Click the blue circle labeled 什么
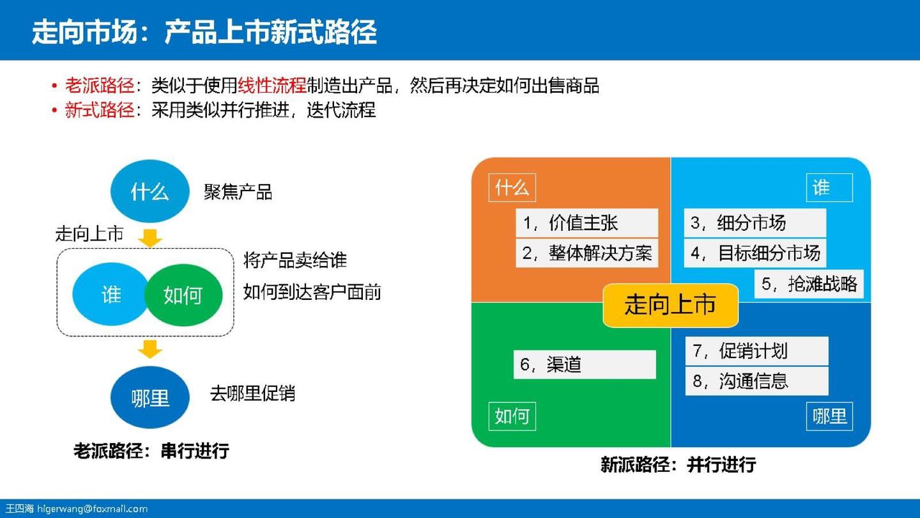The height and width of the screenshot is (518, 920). click(149, 191)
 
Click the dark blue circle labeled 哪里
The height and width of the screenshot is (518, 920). click(150, 397)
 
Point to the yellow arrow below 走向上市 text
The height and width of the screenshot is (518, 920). click(151, 237)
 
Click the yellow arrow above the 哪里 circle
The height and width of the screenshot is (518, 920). click(151, 349)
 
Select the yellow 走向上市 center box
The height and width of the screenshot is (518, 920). click(670, 305)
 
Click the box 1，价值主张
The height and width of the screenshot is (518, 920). click(586, 223)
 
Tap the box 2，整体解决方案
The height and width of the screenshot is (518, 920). click(586, 253)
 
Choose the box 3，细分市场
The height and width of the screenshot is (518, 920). click(755, 223)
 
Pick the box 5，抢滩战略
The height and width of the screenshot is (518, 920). click(809, 283)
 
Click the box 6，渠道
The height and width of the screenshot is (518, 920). click(585, 365)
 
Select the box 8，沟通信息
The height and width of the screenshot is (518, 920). click(756, 381)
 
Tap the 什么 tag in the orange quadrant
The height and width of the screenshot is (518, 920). click(512, 188)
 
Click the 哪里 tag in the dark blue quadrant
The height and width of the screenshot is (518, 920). click(829, 416)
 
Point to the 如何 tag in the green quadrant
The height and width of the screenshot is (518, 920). click(512, 416)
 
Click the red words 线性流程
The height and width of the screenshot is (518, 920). click(272, 86)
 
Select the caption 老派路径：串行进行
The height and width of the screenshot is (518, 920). click(151, 451)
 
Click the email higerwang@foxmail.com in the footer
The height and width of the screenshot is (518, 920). click(92, 509)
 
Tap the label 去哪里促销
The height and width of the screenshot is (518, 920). click(252, 393)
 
